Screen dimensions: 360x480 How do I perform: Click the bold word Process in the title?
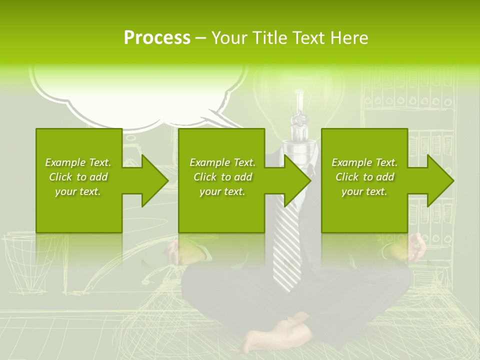point(157,38)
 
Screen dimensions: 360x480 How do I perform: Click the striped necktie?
point(287,250)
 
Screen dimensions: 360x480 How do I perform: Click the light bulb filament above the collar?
point(299,120)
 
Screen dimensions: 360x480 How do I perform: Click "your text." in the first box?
point(78,191)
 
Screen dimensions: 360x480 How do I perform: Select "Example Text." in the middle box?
point(222,162)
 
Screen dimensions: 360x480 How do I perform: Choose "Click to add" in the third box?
point(364,177)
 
